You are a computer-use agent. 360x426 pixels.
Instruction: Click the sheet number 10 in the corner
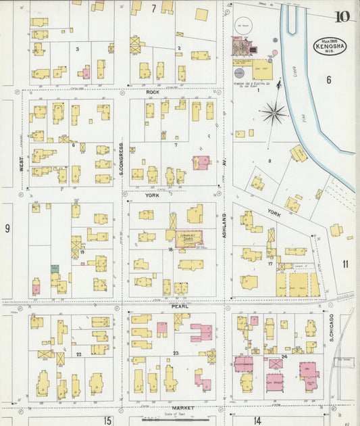point(342,17)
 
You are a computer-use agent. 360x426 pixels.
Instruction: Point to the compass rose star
point(274,113)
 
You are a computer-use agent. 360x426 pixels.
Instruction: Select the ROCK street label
point(152,92)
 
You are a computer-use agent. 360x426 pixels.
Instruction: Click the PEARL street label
point(179,306)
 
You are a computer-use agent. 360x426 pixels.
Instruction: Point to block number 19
point(81,252)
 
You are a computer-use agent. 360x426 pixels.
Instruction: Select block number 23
point(175,353)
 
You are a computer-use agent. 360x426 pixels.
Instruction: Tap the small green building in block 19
point(54,268)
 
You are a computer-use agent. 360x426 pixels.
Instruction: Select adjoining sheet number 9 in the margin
point(7,228)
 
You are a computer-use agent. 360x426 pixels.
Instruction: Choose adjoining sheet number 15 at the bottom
point(107,421)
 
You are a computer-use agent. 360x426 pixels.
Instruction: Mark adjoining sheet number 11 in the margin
point(345,264)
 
